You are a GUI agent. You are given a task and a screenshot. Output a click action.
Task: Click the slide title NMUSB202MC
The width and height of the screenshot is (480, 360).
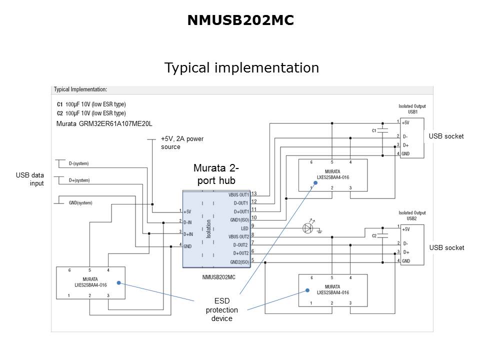click(x=240, y=20)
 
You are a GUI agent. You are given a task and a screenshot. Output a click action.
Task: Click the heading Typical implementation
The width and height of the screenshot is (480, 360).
click(x=241, y=67)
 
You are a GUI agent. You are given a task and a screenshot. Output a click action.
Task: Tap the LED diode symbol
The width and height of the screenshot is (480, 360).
click(x=308, y=228)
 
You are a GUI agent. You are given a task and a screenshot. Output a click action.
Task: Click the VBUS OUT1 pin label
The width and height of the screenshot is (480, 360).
click(x=238, y=194)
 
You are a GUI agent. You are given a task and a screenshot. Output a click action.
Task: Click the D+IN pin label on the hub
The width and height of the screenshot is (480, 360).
click(x=188, y=233)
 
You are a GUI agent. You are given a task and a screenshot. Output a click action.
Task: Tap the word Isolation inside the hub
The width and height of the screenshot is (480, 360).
click(x=208, y=228)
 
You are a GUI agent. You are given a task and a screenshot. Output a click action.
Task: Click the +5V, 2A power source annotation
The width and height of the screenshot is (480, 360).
click(x=182, y=142)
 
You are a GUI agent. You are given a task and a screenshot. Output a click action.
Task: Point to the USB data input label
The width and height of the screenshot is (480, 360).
click(x=30, y=179)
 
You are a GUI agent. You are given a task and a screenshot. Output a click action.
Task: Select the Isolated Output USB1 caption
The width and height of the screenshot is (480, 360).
click(x=412, y=108)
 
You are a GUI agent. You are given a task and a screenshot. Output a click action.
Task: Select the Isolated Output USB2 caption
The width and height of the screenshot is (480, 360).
click(x=412, y=215)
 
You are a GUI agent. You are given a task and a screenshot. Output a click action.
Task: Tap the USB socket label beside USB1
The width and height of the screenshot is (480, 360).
click(x=446, y=136)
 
